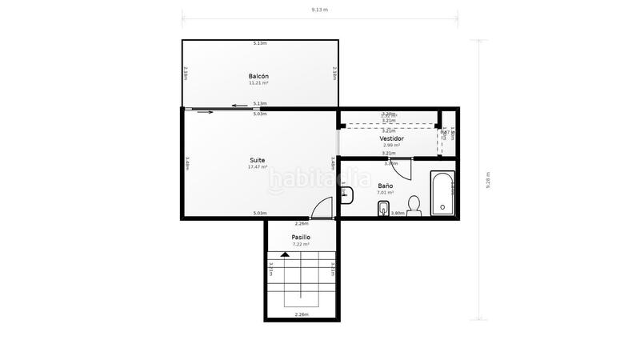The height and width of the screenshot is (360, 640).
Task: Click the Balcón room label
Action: pyautogui.click(x=258, y=76)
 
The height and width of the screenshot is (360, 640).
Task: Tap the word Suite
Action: pyautogui.click(x=257, y=160)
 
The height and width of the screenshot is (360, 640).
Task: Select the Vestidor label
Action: pyautogui.click(x=391, y=138)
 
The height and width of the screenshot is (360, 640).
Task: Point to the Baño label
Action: pyautogui.click(x=386, y=186)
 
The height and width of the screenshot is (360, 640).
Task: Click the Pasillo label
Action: pyautogui.click(x=301, y=238)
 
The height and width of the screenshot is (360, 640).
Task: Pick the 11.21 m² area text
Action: pyautogui.click(x=258, y=83)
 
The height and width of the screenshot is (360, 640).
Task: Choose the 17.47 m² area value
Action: pyautogui.click(x=257, y=167)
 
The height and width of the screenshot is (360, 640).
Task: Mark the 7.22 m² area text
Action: pyautogui.click(x=301, y=245)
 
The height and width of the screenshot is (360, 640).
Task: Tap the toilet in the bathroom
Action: pyautogui.click(x=414, y=206)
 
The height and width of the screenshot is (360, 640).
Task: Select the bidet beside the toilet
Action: pyautogui.click(x=383, y=210)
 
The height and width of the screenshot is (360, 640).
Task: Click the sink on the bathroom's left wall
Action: pyautogui.click(x=346, y=194)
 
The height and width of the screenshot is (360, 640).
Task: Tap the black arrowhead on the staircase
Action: pyautogui.click(x=285, y=254)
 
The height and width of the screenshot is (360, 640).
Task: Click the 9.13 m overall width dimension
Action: pyautogui.click(x=320, y=10)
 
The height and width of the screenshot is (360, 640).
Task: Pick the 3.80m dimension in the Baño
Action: pyautogui.click(x=397, y=214)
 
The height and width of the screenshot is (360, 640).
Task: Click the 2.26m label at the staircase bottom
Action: pyautogui.click(x=302, y=314)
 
